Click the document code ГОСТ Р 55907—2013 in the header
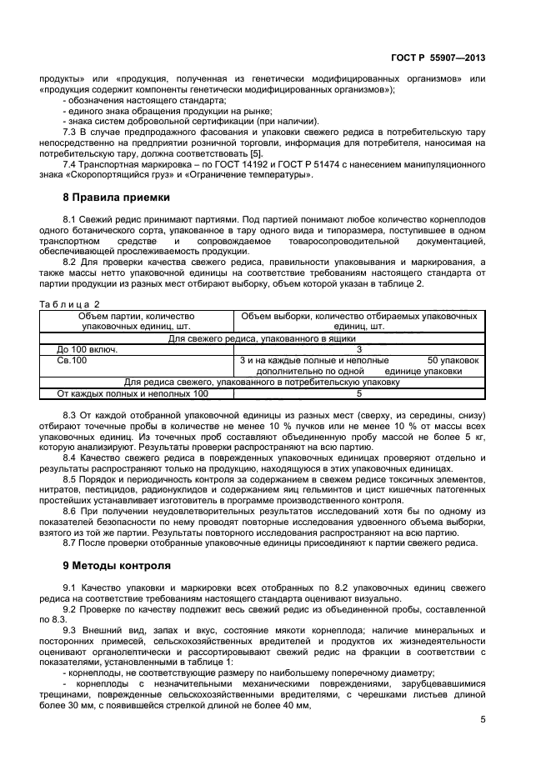coord(438,59)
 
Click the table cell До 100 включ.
coord(87,350)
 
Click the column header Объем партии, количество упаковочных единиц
coord(136,322)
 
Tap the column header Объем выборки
coord(358,322)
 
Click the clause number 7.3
coord(71,132)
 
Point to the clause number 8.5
coord(71,479)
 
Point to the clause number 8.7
coord(71,543)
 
